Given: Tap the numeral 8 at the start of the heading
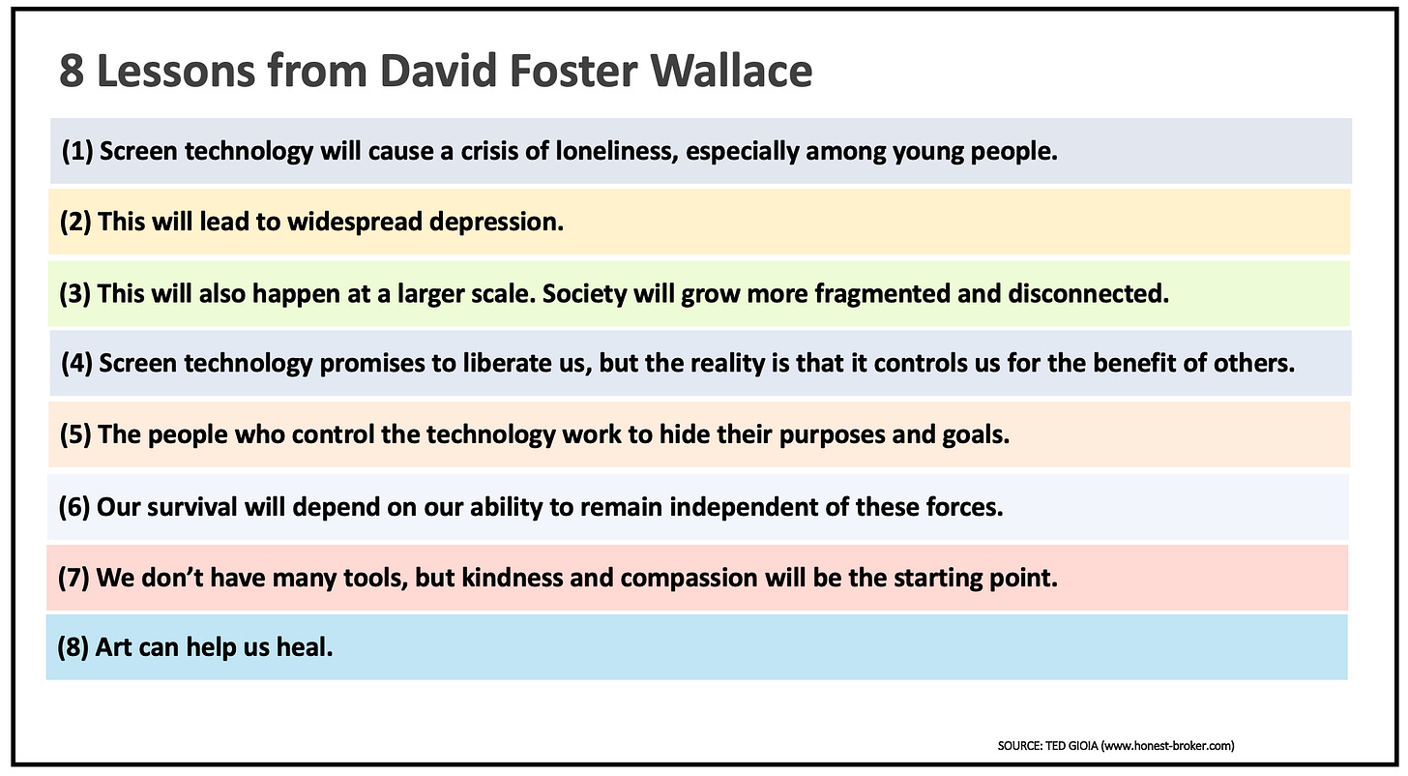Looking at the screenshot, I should tap(71, 72).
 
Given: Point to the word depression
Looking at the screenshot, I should tap(496, 222).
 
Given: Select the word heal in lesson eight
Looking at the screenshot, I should tap(307, 647).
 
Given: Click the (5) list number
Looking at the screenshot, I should tap(74, 434).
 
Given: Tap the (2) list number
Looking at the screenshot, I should tap(74, 222).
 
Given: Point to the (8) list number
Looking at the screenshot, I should tap(73, 647).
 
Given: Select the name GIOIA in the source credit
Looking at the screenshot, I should tap(1086, 745).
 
